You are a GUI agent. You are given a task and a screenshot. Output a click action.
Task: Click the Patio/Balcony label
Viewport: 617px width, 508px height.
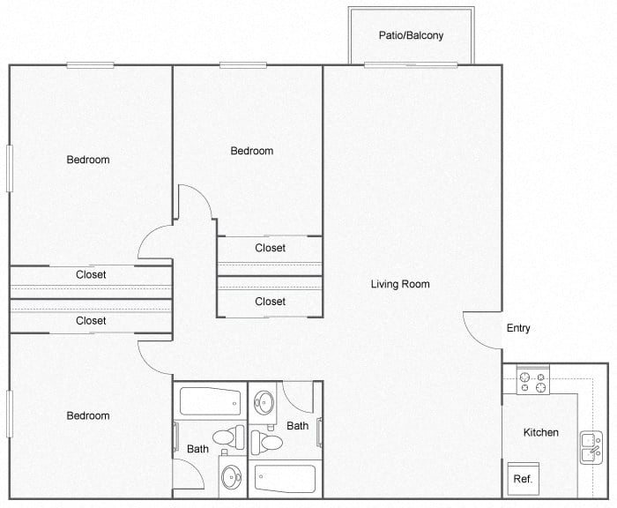click(x=411, y=36)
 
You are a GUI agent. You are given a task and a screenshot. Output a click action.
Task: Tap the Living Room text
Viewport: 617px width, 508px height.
click(x=400, y=284)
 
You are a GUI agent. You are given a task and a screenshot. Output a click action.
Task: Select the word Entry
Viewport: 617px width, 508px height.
click(x=518, y=328)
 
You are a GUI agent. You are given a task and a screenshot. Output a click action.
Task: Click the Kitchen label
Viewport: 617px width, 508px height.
click(x=541, y=432)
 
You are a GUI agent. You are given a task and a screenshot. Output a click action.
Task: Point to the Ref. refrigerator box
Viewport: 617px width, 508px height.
click(x=523, y=479)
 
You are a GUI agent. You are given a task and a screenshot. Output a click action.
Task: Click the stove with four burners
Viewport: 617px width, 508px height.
click(x=532, y=382)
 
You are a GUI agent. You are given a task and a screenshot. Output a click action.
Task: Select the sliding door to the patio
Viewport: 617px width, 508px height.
click(x=411, y=64)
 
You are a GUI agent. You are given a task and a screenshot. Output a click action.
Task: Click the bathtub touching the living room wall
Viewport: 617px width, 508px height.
click(x=285, y=480)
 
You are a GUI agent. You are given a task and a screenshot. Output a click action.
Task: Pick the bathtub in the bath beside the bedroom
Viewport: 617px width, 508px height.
click(x=210, y=403)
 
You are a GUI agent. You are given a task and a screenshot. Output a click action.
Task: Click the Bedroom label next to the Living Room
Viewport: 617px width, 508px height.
click(x=252, y=151)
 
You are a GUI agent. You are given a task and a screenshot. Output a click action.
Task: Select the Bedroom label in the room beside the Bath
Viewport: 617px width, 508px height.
click(x=88, y=415)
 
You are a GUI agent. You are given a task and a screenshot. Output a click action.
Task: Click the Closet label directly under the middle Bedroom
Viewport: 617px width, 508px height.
click(x=270, y=248)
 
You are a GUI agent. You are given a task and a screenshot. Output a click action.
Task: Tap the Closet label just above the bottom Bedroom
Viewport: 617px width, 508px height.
click(x=91, y=320)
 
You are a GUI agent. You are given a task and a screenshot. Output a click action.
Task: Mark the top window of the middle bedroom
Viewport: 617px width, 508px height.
click(x=243, y=64)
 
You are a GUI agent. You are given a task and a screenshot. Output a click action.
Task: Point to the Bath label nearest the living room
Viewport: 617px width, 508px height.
click(x=298, y=426)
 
